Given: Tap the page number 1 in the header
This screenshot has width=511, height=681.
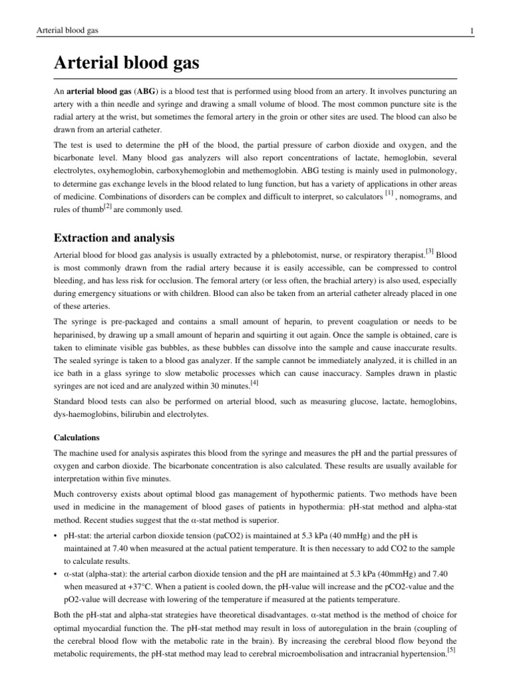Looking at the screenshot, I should pos(471,31).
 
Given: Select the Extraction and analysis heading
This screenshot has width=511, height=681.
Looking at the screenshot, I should pos(114,237).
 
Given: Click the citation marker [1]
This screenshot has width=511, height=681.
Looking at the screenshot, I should pos(390,193).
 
